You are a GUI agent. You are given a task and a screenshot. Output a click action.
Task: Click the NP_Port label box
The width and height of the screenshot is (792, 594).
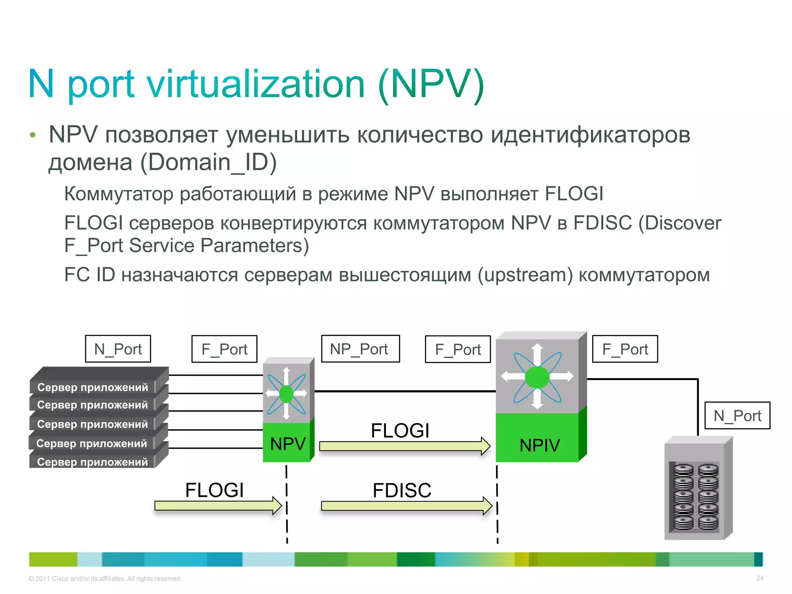[360, 349]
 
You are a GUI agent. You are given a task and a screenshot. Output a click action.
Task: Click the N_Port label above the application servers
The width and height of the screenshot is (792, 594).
[118, 349]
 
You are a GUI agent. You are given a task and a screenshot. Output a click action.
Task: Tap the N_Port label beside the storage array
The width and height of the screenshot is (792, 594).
[737, 416]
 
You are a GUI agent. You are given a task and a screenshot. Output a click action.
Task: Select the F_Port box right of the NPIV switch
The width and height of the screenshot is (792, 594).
[625, 349]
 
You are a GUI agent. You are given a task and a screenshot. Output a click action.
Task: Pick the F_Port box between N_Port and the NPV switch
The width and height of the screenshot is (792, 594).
[224, 349]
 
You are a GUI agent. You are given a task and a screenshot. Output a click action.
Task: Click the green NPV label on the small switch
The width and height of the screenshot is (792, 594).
[287, 444]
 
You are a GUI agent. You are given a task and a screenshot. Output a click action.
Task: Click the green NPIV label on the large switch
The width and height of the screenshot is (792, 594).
[539, 445]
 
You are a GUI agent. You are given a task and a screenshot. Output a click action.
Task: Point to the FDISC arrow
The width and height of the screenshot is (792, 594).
[406, 506]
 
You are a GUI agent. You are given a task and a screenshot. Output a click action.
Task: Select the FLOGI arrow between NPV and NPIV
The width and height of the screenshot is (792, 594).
[405, 446]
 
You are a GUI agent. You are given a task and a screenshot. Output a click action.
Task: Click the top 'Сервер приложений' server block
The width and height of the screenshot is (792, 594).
[93, 387]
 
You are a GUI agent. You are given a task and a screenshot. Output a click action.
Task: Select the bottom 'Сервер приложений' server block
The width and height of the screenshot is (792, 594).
[93, 461]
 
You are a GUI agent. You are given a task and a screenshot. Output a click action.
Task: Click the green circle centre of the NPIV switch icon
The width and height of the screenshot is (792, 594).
[537, 377]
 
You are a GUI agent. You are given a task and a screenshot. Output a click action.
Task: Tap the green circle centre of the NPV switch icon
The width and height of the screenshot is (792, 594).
[286, 394]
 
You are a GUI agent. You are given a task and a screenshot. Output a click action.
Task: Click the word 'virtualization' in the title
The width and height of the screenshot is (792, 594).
[256, 84]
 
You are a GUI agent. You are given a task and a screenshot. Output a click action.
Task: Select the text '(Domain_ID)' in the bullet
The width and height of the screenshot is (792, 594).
[208, 162]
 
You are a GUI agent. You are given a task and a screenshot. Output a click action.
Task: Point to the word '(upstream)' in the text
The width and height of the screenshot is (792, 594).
[525, 275]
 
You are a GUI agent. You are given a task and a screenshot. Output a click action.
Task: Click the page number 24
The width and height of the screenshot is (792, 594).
[760, 578]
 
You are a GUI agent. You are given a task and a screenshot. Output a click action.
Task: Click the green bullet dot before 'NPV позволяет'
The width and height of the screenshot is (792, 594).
[33, 135]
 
